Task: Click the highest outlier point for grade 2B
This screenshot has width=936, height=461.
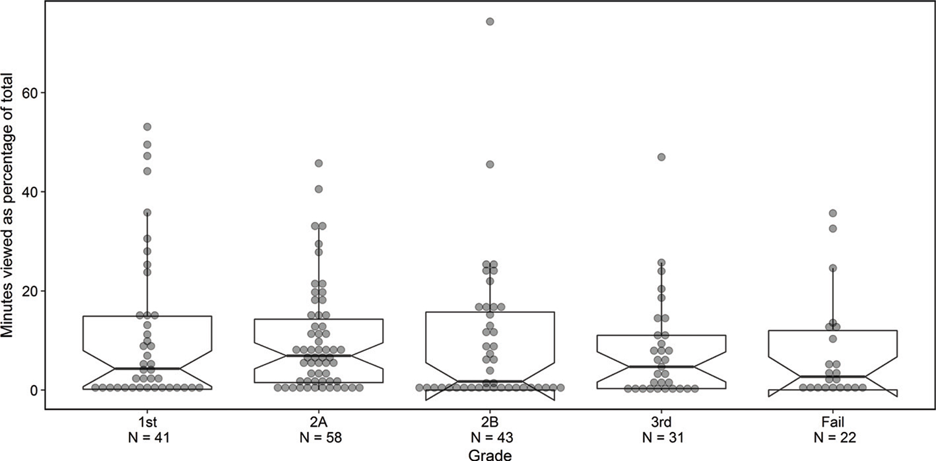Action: [x=490, y=21]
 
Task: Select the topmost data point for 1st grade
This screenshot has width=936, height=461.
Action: [x=147, y=126]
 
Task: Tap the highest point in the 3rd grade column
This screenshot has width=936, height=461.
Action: [x=661, y=157]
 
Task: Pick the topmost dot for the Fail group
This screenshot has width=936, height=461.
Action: [x=832, y=213]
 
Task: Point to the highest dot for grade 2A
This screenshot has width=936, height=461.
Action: [x=318, y=163]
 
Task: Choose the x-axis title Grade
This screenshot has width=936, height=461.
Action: [x=490, y=454]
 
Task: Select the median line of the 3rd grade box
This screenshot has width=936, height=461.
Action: [x=661, y=367]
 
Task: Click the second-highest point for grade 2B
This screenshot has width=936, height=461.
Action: [x=490, y=164]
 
